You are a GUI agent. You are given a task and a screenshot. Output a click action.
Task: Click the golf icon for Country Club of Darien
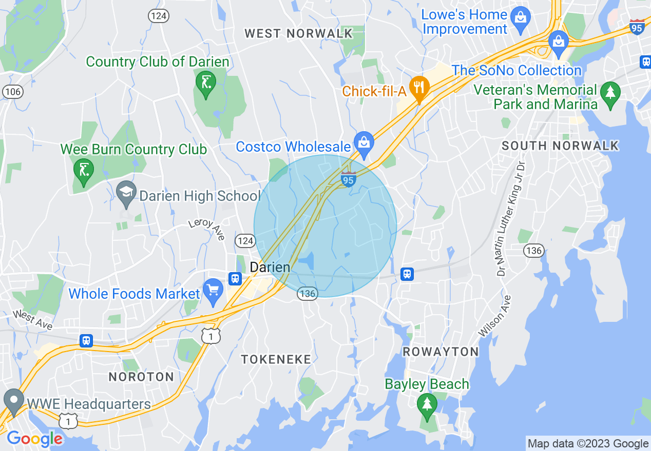click(x=205, y=83)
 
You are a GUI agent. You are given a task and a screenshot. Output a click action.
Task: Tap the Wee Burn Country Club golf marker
click(x=83, y=169)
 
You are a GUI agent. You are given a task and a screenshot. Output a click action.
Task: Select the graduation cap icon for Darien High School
click(x=126, y=192)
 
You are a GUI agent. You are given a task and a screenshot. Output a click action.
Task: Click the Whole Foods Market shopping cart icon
click(x=212, y=290)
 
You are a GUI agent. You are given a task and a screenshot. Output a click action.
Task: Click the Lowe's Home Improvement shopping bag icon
click(x=521, y=17)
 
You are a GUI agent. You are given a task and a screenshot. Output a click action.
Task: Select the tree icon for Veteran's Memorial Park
click(x=610, y=93)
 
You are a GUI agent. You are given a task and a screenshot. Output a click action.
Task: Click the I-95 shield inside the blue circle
click(x=348, y=179)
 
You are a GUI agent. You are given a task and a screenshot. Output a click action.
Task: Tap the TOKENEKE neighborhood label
click(x=276, y=359)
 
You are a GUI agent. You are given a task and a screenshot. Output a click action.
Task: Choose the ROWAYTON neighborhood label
click(x=441, y=352)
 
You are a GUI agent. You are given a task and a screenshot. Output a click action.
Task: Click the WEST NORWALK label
click(x=298, y=34)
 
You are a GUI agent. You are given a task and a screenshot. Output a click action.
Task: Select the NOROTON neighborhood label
click(x=141, y=377)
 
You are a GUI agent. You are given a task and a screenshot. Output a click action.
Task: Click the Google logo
click(x=34, y=439)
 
